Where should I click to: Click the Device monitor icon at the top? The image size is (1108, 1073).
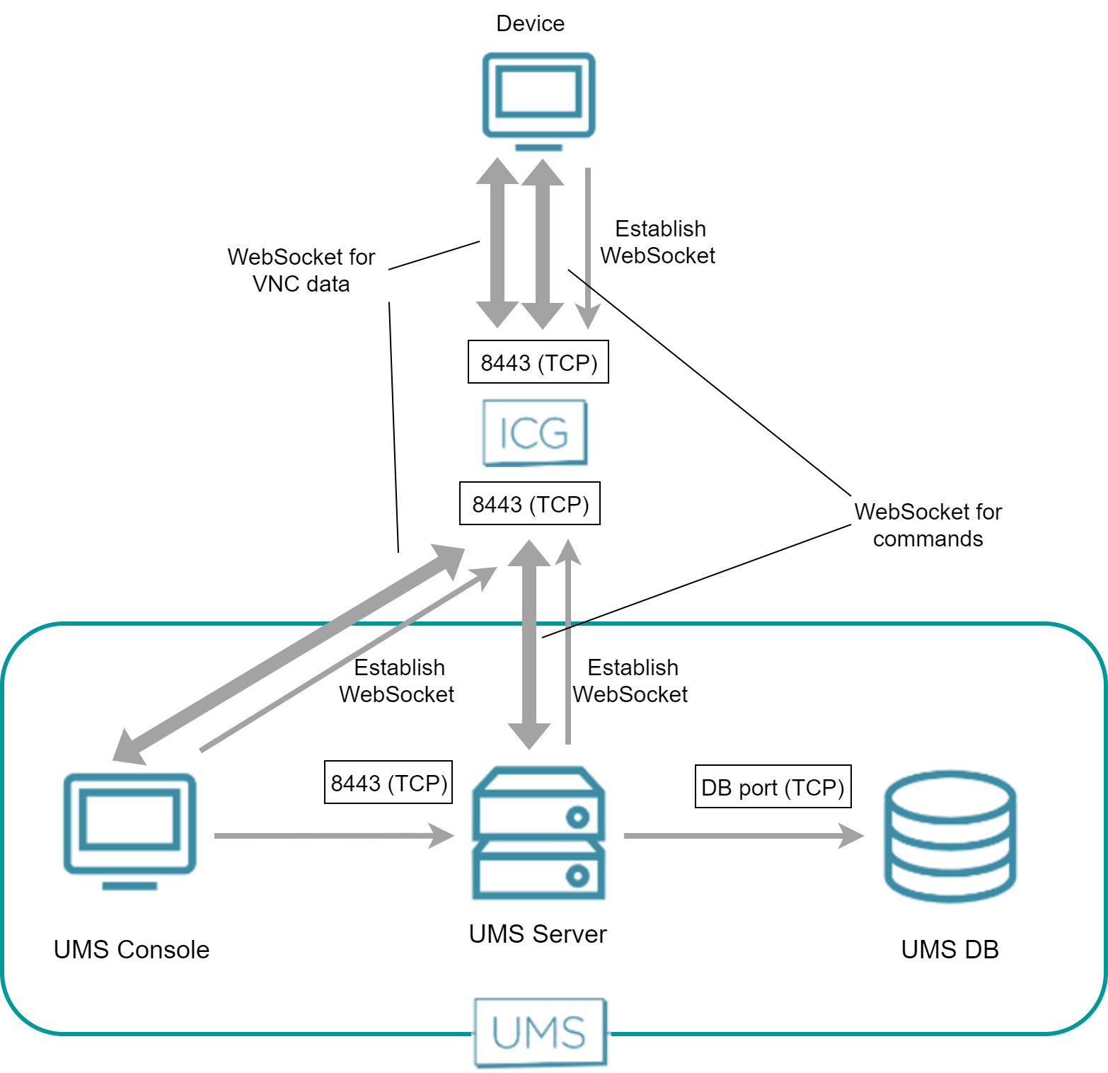point(538,99)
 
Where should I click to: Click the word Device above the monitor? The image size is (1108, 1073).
point(530,23)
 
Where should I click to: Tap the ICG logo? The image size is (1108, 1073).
point(535,432)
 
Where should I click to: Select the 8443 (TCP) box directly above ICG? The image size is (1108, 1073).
point(538,362)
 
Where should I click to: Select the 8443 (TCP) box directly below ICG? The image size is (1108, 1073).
point(529,504)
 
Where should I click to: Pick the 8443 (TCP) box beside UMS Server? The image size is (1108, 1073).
point(388,783)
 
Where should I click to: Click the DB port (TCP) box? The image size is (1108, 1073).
point(773,787)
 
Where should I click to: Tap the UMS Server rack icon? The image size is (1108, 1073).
point(538,833)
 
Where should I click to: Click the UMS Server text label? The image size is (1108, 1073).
point(538,934)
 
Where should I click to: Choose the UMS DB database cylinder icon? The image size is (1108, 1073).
point(950,837)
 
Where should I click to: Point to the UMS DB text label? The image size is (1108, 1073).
point(950,950)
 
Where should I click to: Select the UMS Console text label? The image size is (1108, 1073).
point(132,950)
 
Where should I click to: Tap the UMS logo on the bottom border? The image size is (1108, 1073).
point(540,1032)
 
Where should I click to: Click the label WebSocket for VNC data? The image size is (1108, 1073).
point(301,270)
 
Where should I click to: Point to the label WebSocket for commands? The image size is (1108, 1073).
point(928,525)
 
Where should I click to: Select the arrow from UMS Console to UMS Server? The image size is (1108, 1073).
point(333,836)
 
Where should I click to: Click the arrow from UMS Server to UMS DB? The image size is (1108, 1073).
point(743,836)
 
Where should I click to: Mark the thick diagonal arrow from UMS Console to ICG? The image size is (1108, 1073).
point(290,655)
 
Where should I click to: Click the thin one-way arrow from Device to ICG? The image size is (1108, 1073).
point(588,248)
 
